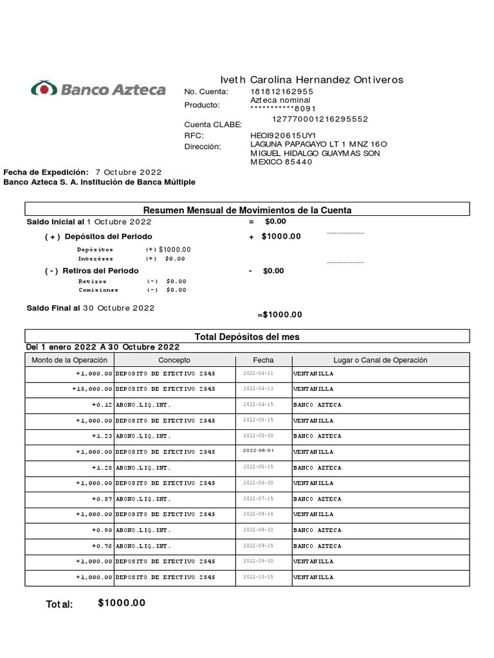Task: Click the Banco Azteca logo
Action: (98, 89)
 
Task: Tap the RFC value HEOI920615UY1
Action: (283, 136)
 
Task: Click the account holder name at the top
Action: (312, 80)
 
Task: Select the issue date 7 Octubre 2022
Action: (129, 172)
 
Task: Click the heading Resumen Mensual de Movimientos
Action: (247, 210)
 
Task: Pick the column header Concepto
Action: (174, 360)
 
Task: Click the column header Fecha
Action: (263, 360)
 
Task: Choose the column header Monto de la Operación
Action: (70, 360)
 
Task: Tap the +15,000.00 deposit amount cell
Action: (93, 389)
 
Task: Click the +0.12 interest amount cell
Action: (102, 405)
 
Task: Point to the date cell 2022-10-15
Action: (259, 577)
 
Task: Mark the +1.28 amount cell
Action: (102, 468)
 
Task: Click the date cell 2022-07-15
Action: (259, 499)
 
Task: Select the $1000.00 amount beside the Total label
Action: (122, 603)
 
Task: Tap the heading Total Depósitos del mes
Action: (247, 337)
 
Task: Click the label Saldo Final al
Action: (53, 308)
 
